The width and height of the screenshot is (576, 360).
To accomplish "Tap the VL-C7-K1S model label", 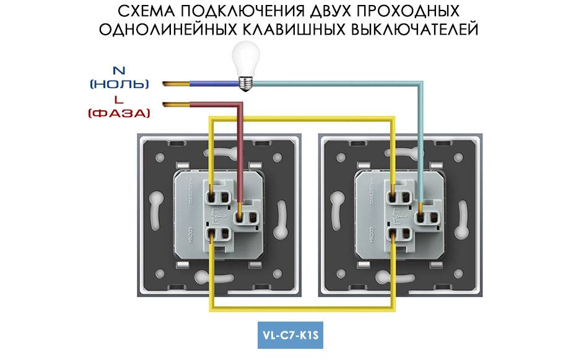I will pyautogui.click(x=290, y=338).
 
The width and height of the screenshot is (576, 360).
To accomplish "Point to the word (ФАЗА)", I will pyautogui.click(x=120, y=113).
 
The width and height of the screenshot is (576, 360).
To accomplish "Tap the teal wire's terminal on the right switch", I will pyautogui.click(x=422, y=217).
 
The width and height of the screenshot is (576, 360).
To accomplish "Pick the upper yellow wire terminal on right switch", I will pyautogui.click(x=394, y=197).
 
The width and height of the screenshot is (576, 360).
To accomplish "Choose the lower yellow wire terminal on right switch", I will pyautogui.click(x=394, y=234).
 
